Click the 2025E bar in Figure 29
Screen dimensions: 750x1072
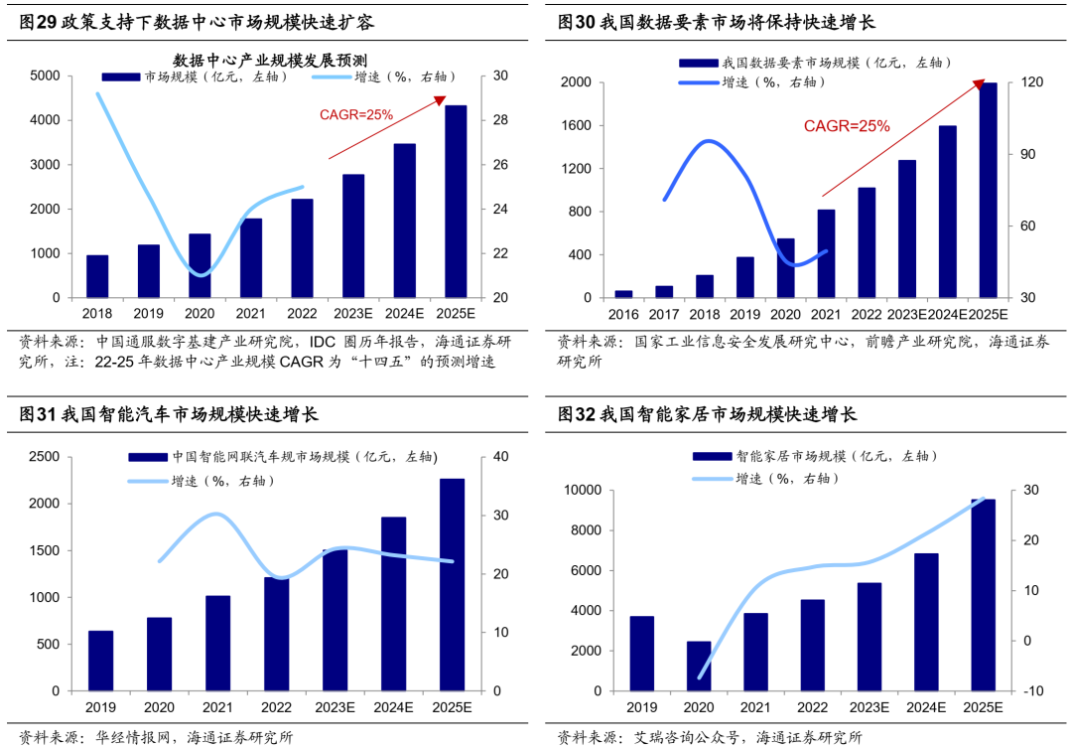point(456,202)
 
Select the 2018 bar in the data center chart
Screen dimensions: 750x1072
point(97,276)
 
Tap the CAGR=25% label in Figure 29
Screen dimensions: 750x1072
point(356,115)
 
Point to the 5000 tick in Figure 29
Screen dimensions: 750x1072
point(45,76)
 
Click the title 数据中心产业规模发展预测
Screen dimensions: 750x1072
point(270,60)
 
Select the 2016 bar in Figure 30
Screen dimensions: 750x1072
point(623,294)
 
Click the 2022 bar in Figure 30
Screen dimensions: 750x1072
point(867,242)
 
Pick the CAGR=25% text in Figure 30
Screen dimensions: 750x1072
point(847,126)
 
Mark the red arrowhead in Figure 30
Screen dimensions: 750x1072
point(980,83)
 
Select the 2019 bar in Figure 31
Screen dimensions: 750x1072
point(100,661)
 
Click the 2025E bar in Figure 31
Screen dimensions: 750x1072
point(452,585)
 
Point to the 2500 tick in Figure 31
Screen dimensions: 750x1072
point(45,457)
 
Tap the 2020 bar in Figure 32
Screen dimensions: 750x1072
point(699,667)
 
